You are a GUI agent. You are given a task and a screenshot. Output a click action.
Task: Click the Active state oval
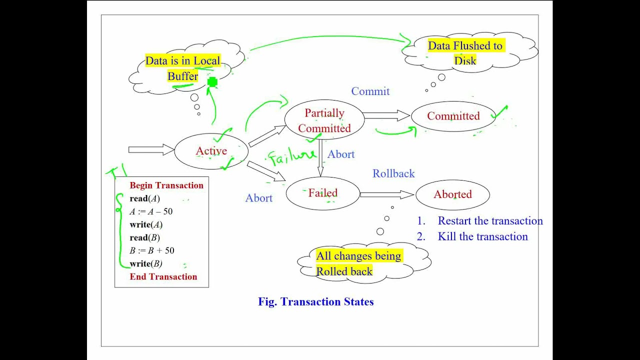(x=211, y=151)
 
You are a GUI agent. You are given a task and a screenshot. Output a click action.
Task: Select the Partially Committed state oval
(x=324, y=120)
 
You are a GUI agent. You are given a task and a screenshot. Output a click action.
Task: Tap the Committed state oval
(x=453, y=116)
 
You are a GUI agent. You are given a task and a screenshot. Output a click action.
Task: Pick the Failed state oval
(x=322, y=193)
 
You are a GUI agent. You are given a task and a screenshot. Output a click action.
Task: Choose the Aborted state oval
(x=452, y=194)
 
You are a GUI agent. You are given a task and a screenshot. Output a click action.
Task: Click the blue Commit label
(x=370, y=91)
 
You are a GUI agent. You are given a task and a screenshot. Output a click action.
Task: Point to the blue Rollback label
(x=393, y=173)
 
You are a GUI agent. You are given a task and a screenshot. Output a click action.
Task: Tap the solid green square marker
(x=212, y=82)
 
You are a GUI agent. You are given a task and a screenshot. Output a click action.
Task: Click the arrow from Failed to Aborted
(x=386, y=194)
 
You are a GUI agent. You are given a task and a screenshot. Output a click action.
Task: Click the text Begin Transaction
(x=166, y=185)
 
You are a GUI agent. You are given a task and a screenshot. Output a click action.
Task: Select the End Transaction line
(x=163, y=276)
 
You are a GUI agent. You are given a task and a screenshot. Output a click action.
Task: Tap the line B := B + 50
(x=152, y=250)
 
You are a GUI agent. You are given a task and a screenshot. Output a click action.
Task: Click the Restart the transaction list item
(x=490, y=221)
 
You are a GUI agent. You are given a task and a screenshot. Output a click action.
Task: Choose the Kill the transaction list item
(x=482, y=236)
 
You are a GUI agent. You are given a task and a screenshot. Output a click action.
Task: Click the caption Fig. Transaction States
(x=315, y=301)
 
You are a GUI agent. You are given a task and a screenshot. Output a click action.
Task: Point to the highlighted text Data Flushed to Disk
(x=465, y=53)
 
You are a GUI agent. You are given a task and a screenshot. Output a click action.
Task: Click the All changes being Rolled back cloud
(x=359, y=263)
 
